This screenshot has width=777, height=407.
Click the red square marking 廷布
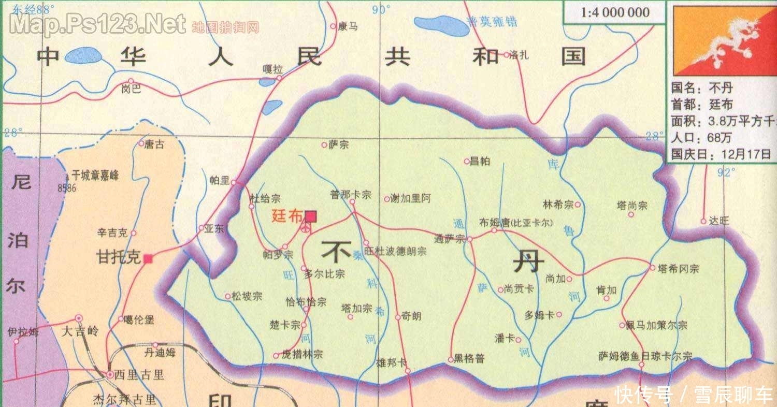coord(311,216)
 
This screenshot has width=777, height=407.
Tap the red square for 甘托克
coord(148,258)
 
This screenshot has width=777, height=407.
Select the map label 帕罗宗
coord(278,255)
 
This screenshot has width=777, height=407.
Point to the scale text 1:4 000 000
coord(615,12)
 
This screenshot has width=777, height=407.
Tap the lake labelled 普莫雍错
coord(440,24)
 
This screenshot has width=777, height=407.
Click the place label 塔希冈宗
coord(678,269)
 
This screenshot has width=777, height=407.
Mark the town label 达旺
coord(719,221)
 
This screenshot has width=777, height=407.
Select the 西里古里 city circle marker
coord(110,374)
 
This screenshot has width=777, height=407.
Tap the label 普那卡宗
coord(351,195)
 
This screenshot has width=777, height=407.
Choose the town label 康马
coord(347,26)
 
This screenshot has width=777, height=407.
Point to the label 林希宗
coord(558,205)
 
